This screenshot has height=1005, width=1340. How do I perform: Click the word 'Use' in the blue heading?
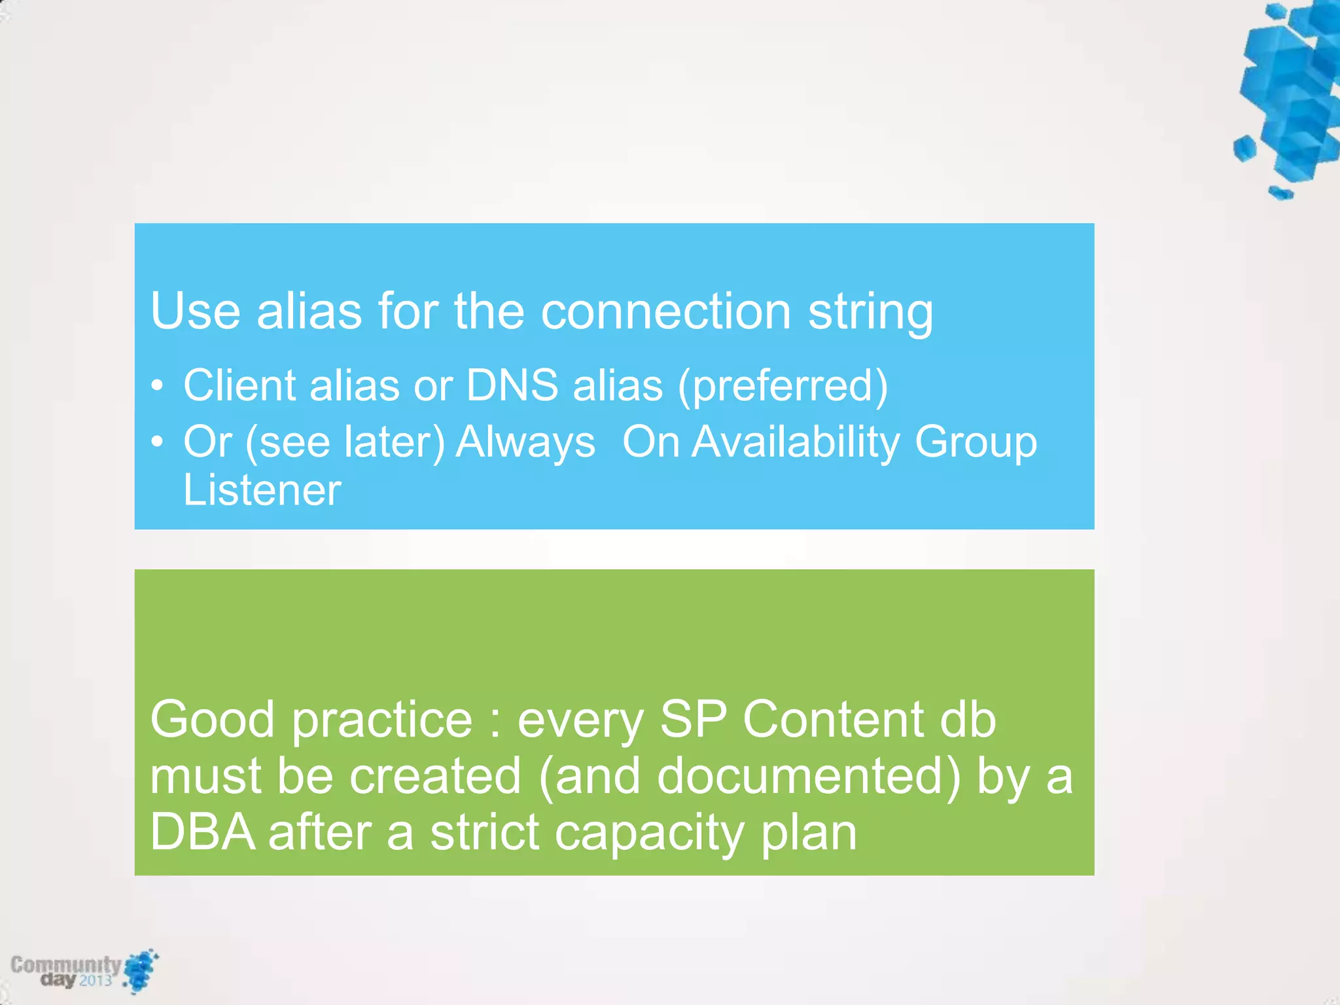point(195,311)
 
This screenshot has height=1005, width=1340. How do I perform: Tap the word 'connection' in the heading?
point(666,311)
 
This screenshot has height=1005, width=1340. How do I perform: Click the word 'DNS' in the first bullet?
point(512,385)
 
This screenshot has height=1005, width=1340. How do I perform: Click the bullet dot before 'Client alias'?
point(156,387)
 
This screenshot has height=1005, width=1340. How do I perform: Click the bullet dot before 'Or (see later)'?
point(156,443)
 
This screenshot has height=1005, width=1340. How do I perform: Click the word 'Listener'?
point(262,490)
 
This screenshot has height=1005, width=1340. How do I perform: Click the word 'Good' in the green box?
point(213,720)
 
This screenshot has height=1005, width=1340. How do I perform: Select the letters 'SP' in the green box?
point(693,720)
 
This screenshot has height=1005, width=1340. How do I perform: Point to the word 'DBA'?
point(202,833)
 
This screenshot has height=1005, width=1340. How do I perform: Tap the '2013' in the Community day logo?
point(96,980)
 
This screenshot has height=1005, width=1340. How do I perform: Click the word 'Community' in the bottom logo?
point(65,964)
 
